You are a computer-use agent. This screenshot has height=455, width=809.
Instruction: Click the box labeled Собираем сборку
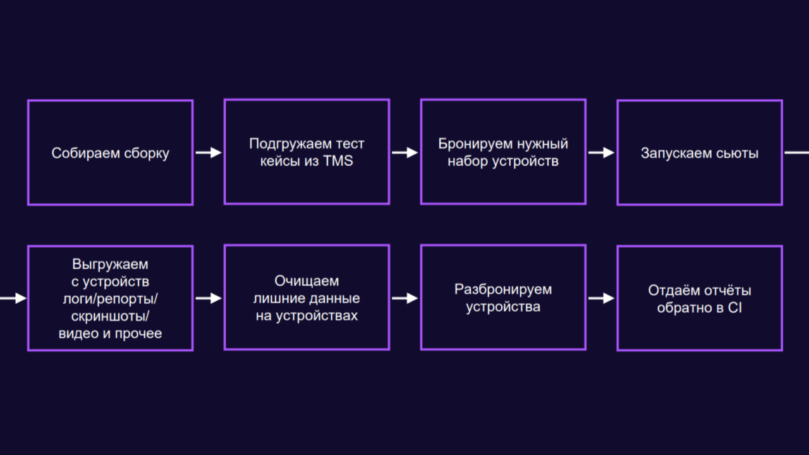coord(110,152)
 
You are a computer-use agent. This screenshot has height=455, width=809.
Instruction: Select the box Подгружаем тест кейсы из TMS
coord(307,152)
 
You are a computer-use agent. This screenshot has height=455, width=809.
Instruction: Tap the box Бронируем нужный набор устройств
coord(503,152)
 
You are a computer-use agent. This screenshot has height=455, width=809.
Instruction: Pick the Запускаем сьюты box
coord(700,152)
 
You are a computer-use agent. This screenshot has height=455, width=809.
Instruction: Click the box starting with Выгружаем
coord(110,298)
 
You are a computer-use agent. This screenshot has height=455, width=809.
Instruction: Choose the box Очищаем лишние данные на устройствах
coord(307,298)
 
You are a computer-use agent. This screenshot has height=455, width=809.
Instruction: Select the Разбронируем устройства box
coord(503,298)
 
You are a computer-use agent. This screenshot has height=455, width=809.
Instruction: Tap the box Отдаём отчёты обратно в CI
coord(700,298)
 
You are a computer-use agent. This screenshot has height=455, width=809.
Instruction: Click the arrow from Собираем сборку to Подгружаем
coord(208,152)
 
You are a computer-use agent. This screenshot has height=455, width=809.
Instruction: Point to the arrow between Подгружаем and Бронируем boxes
coord(404,152)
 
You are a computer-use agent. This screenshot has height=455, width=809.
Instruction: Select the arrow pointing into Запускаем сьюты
coord(601,152)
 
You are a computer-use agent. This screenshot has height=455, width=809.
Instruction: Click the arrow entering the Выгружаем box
coord(13,298)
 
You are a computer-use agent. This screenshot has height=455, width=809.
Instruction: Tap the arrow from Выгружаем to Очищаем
coord(208,298)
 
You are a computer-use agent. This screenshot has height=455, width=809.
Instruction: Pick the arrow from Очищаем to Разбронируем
coord(404,298)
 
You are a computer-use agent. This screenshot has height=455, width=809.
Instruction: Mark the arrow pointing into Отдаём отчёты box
coord(601,298)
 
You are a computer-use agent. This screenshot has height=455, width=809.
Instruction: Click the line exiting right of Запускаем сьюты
coord(796,152)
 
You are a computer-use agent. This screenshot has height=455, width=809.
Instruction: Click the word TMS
coord(338,161)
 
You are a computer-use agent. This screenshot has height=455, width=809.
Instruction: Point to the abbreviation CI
coord(735,308)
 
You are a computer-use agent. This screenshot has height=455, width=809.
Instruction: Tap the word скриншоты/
coord(110,316)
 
